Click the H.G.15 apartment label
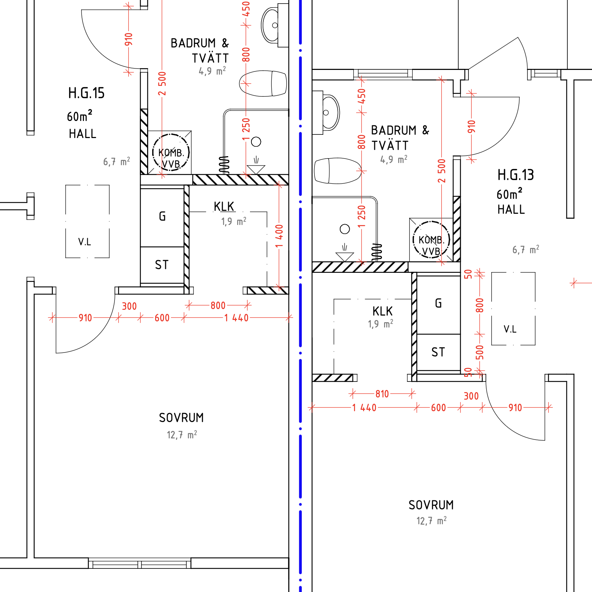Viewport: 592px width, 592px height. tap(86, 93)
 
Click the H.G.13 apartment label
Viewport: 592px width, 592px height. tap(515, 175)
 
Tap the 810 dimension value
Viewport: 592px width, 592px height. tap(382, 394)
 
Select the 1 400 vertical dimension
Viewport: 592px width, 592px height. tap(279, 236)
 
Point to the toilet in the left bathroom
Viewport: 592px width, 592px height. tap(263, 83)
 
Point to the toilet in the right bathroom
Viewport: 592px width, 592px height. tap(338, 171)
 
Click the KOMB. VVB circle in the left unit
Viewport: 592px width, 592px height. tap(171, 152)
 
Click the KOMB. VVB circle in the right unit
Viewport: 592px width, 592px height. tap(431, 239)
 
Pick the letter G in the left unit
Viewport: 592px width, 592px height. tap(162, 216)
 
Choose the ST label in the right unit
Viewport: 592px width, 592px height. tap(438, 352)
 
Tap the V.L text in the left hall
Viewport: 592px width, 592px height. tap(84, 242)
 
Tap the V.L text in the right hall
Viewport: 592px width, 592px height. tap(510, 329)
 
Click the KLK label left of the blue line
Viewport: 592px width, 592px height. tap(224, 207)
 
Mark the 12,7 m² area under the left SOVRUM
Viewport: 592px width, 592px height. tap(182, 435)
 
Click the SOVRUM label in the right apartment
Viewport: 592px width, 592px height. tap(431, 505)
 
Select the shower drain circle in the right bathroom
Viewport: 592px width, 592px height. tap(345, 229)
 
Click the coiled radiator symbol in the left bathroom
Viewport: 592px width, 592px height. tap(224, 164)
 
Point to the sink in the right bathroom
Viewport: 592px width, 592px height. tap(329, 112)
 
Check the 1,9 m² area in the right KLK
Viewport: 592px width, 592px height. tap(380, 324)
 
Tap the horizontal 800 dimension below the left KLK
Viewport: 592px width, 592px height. tap(218, 305)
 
